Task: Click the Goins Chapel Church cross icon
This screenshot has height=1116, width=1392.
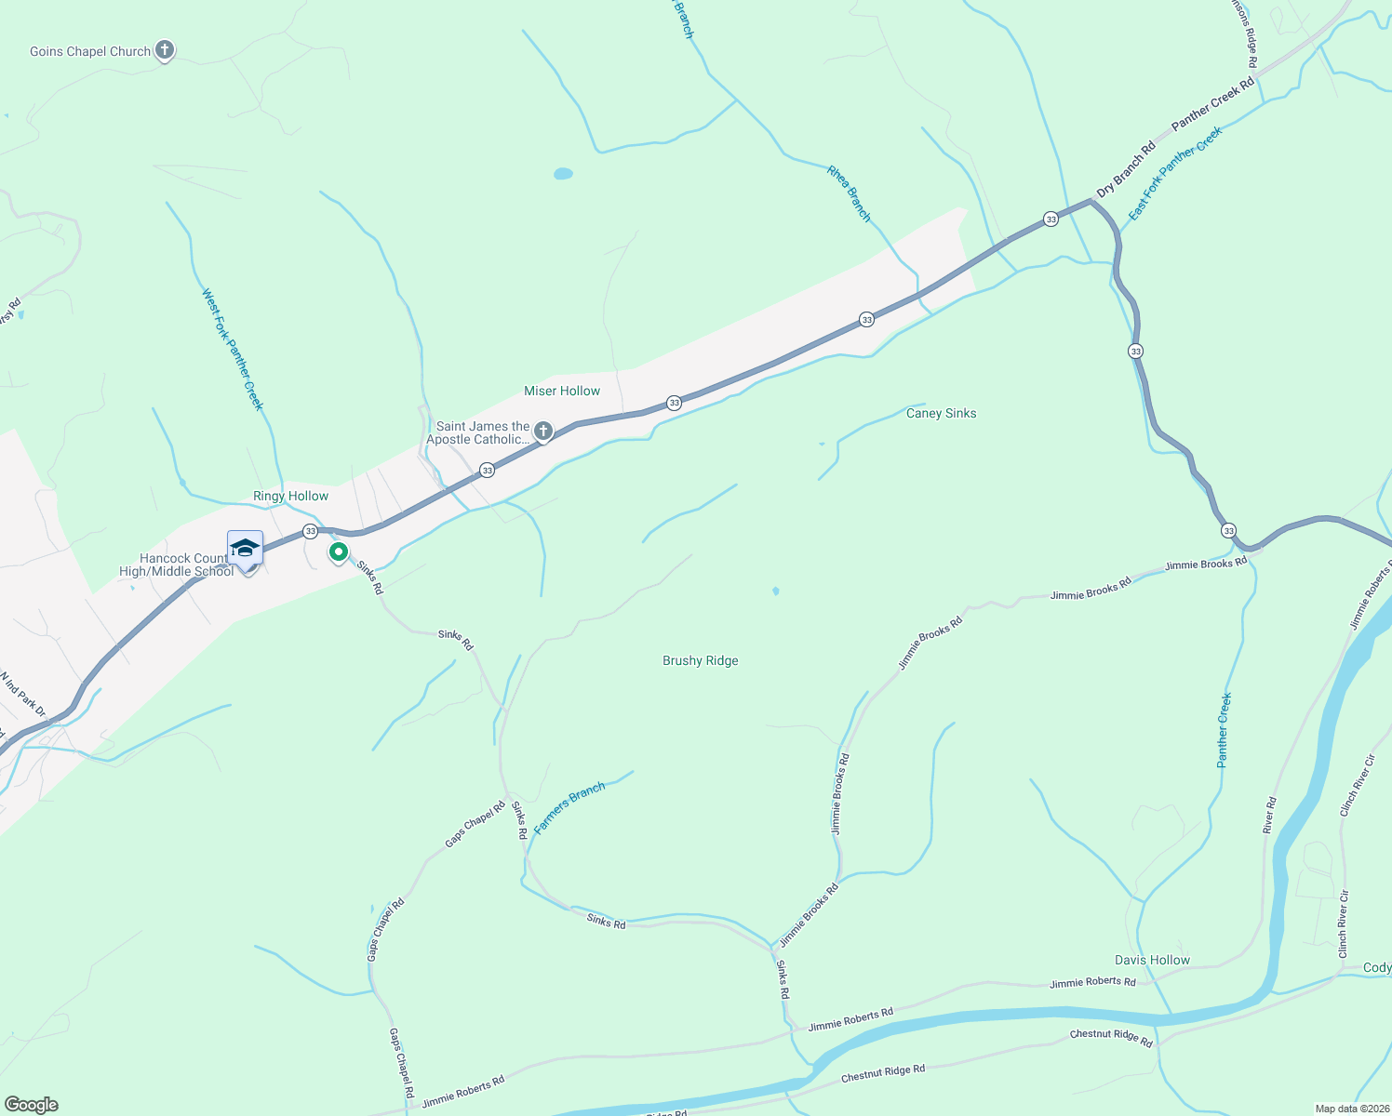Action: pos(165,50)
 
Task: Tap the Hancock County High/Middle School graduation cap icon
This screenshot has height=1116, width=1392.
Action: pos(245,548)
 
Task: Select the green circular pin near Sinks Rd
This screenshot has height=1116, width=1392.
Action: pos(339,552)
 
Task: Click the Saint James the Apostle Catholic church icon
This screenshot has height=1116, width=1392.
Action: pos(543,432)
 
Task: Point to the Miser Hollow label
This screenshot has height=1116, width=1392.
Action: pos(562,392)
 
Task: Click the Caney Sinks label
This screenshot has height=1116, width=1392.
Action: pos(941,414)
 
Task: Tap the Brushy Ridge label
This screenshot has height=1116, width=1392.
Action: pos(700,661)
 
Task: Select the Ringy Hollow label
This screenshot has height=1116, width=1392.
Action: pos(290,497)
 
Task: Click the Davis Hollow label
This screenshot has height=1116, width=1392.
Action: pos(1152,961)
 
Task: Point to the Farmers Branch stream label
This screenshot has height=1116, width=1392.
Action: pos(569,807)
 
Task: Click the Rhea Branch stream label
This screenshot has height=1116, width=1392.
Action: pos(850,193)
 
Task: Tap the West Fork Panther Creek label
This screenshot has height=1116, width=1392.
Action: pos(233,350)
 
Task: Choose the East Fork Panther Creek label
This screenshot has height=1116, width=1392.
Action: pos(1175,174)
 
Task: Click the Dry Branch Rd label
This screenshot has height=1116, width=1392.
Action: pos(1126,168)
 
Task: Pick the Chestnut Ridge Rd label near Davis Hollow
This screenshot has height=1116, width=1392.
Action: pos(1111,1037)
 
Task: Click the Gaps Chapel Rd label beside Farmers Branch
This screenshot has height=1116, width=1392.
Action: pos(475,824)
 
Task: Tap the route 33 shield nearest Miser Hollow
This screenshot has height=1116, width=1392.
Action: pos(674,403)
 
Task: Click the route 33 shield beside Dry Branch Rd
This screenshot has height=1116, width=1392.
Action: pos(1051,219)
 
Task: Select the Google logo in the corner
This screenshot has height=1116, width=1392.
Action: pos(32,1105)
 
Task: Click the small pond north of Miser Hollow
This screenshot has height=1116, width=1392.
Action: pos(563,174)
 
